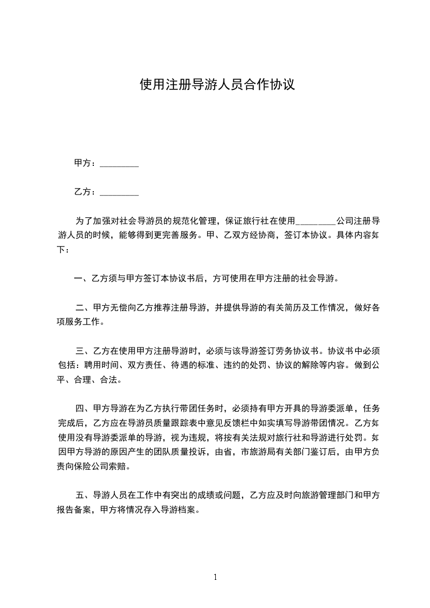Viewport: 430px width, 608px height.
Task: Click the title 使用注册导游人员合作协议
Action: tap(217, 85)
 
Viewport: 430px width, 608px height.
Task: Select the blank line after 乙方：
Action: tap(119, 192)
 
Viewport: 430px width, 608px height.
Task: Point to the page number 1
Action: tap(215, 578)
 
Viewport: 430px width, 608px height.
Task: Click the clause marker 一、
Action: tap(82, 280)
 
